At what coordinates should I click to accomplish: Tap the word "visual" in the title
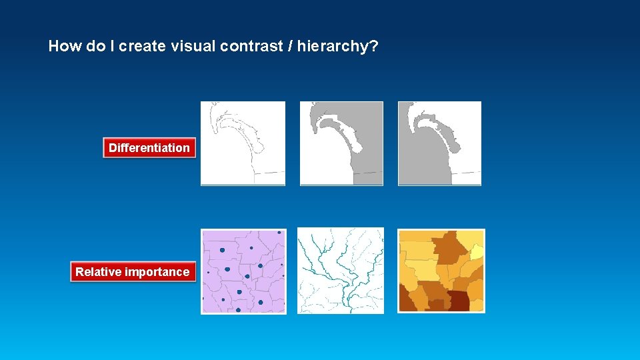189,47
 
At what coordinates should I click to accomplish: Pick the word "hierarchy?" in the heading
342,47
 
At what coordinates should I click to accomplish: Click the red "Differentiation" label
149,148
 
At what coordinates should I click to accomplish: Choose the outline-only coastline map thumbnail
243,143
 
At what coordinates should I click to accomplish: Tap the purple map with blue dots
243,271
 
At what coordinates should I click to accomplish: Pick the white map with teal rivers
341,271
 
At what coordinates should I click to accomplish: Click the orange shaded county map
441,271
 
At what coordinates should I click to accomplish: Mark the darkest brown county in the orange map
459,301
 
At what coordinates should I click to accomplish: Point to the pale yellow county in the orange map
477,251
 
